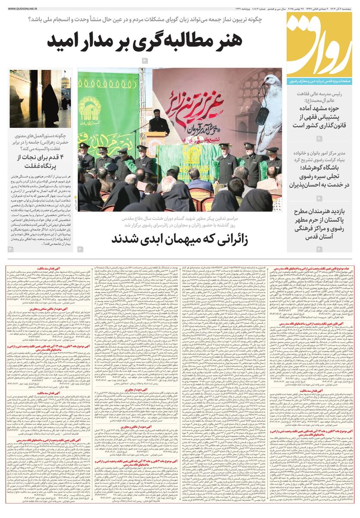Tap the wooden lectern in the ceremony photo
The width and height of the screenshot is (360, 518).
(155, 145)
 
